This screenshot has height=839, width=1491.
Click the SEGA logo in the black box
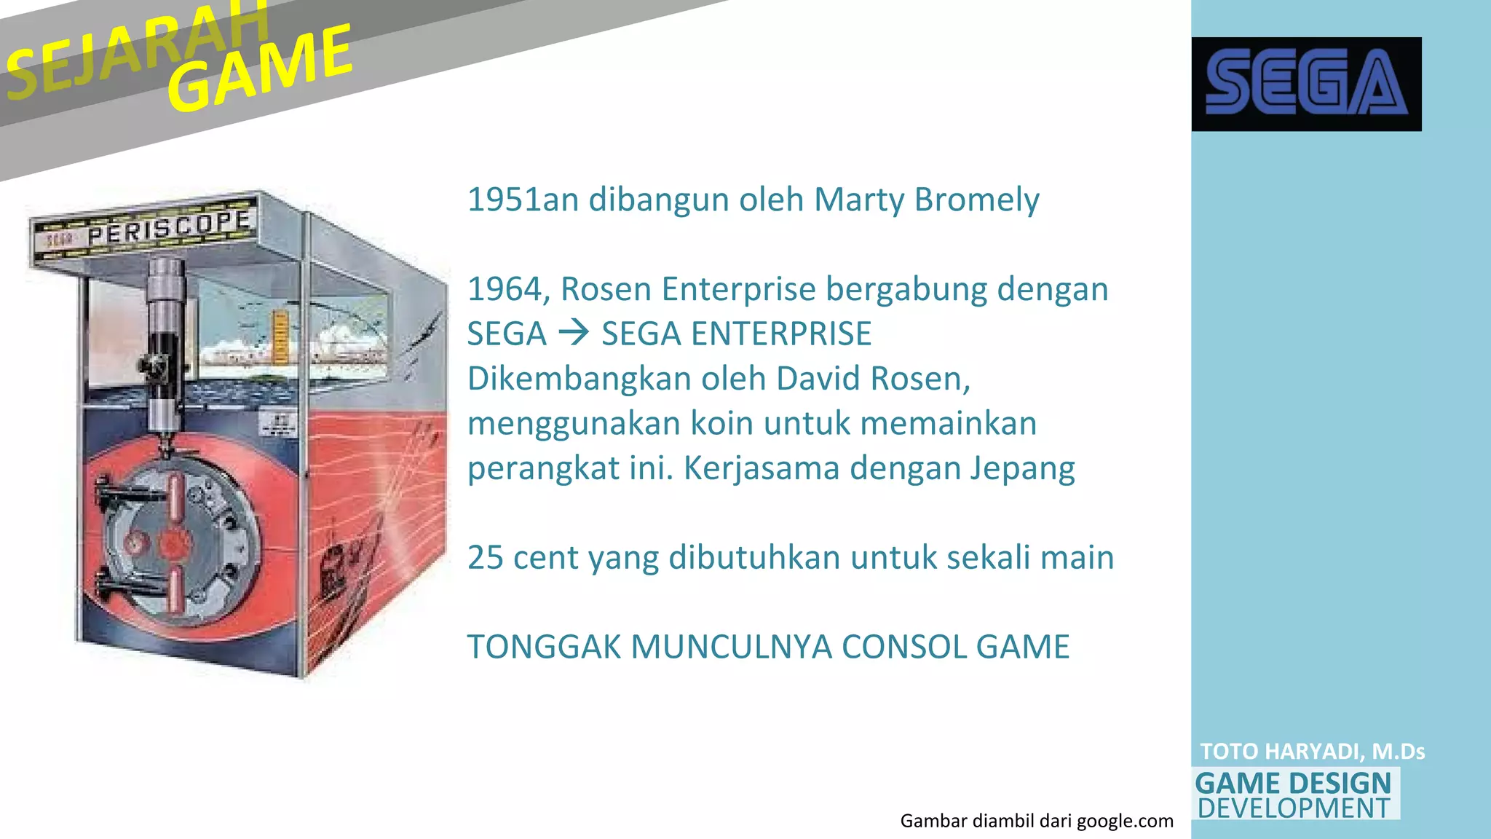pyautogui.click(x=1306, y=84)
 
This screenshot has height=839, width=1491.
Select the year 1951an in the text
pyautogui.click(x=522, y=200)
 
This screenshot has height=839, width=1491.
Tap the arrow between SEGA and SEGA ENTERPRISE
pyautogui.click(x=574, y=334)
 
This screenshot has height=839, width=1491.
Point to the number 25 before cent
pyautogui.click(x=485, y=558)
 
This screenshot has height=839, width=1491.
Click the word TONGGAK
pyautogui.click(x=543, y=647)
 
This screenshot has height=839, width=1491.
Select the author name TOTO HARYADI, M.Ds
pyautogui.click(x=1312, y=752)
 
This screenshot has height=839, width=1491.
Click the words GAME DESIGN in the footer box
pyautogui.click(x=1293, y=784)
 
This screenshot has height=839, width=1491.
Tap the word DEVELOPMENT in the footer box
pyautogui.click(x=1294, y=808)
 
